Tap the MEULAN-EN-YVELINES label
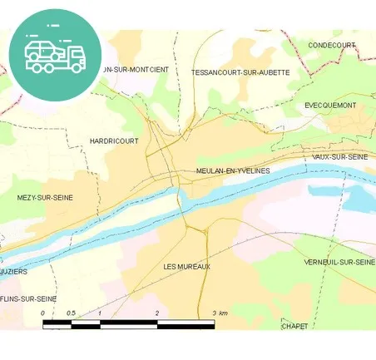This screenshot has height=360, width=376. click(233, 170)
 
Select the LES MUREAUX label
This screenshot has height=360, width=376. click(187, 266)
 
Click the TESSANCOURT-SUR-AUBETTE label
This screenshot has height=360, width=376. click(240, 72)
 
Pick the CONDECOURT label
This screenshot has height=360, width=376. click(331, 44)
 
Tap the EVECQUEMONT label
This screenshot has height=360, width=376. click(330, 106)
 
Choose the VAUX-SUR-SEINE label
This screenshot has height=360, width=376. click(339, 156)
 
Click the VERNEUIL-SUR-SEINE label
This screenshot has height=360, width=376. click(339, 263)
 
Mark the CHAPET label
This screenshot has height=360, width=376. click(294, 326)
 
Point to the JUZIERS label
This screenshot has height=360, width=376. click(15, 271)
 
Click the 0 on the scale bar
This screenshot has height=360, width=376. click(43, 313)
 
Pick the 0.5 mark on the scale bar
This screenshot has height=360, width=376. click(71, 313)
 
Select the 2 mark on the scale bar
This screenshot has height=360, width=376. click(156, 313)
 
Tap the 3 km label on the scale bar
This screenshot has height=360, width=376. click(219, 313)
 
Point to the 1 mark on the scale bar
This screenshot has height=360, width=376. click(100, 313)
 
